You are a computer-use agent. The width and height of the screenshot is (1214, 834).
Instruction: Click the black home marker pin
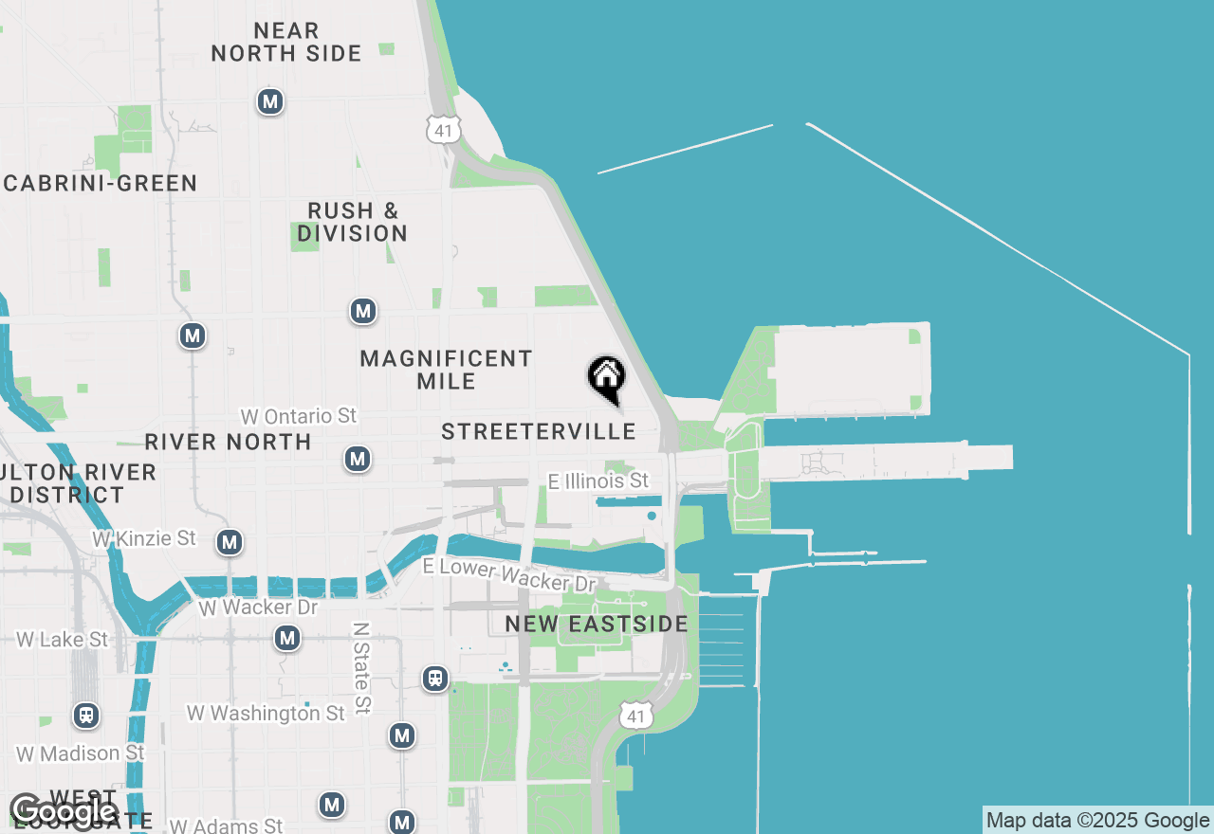[606, 378]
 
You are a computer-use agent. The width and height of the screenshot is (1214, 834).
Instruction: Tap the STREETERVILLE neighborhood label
[539, 432]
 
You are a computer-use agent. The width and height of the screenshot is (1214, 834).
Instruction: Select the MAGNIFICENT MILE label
[446, 370]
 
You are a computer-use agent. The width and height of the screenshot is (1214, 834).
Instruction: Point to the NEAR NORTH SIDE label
[286, 43]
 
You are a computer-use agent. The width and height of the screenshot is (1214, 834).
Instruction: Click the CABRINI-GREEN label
[101, 184]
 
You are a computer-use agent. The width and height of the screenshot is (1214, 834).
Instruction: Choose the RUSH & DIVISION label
[352, 222]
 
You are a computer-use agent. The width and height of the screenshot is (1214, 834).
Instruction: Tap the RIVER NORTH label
[228, 442]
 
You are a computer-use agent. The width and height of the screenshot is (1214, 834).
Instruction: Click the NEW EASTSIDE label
[597, 624]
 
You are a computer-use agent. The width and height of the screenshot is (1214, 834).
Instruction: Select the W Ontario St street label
[299, 416]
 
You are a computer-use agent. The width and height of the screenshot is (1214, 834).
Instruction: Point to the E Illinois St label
[598, 481]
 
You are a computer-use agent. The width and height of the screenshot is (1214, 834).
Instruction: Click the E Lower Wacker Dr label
[509, 574]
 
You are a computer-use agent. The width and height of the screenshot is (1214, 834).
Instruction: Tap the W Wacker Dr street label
[258, 607]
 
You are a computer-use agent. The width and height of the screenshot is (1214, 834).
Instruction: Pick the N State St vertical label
[360, 667]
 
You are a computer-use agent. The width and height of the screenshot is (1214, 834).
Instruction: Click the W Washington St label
[266, 713]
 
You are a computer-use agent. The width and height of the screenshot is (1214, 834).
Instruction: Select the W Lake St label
[63, 640]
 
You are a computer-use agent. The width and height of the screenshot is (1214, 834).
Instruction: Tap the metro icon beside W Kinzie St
[229, 542]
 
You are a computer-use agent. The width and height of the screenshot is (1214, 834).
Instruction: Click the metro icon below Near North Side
[270, 101]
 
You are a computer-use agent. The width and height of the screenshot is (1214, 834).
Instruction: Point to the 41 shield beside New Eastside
[635, 716]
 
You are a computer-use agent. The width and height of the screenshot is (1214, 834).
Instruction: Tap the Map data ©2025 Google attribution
[1097, 821]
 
